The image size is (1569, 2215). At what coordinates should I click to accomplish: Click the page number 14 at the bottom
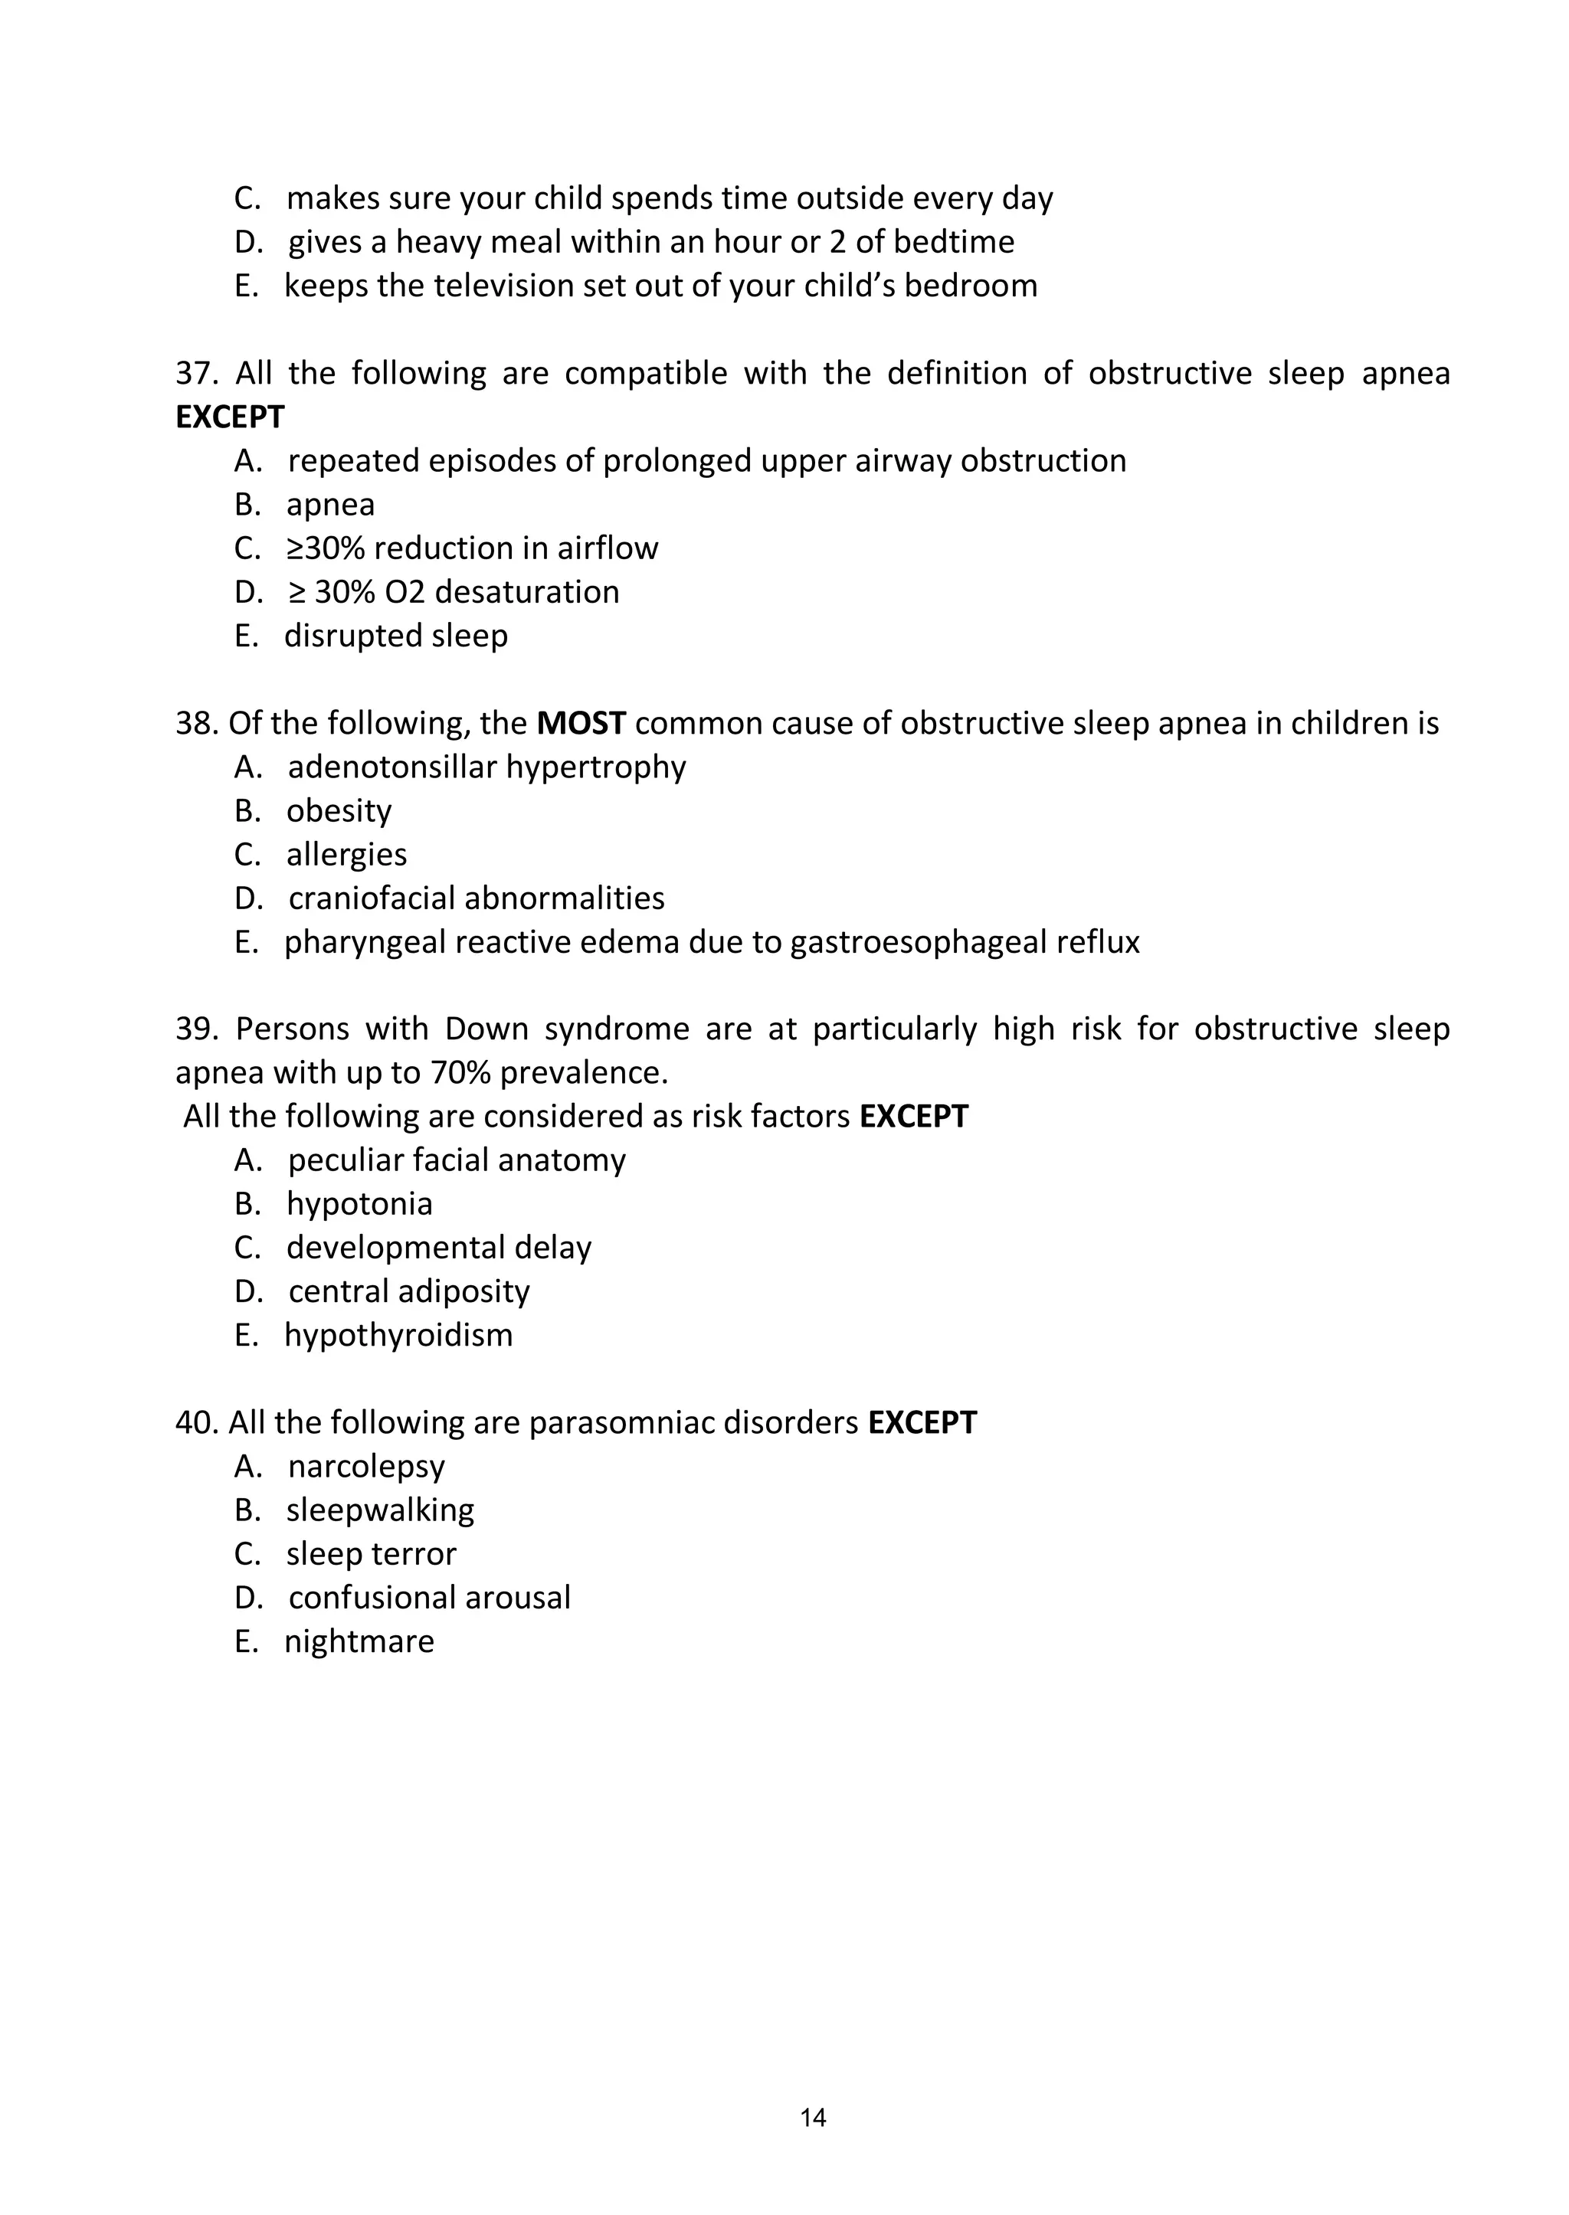pos(813,2118)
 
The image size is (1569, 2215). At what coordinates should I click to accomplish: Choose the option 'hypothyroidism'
pos(398,1334)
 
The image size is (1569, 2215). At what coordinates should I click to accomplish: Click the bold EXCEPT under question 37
pos(230,417)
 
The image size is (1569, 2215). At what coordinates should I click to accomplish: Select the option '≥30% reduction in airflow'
pos(471,548)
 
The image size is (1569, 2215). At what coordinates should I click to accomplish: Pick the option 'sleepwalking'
pos(380,1509)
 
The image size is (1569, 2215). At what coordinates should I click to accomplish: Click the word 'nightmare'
pos(359,1641)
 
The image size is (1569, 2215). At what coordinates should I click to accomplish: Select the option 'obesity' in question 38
pos(338,810)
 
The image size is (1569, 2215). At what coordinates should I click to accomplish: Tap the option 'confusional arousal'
pos(429,1597)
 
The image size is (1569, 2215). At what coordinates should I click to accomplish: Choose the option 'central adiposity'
pos(408,1291)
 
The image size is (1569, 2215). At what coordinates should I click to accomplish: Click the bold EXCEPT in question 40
pos(922,1422)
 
